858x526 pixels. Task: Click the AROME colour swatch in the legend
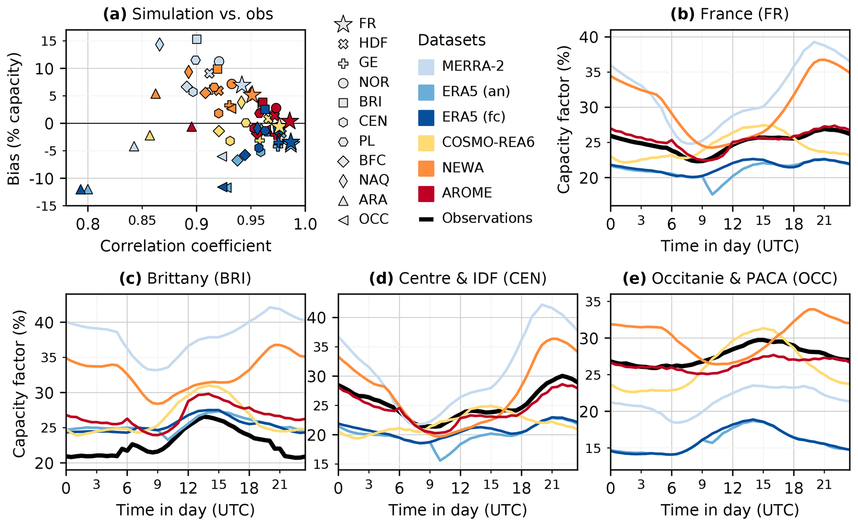coord(426,193)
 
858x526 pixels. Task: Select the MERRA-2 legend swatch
coord(426,66)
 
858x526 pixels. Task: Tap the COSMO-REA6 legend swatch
coord(426,143)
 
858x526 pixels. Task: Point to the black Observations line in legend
coord(426,219)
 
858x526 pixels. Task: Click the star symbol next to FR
coord(343,23)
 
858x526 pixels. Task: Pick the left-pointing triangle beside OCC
coord(343,219)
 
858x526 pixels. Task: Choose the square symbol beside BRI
coord(343,102)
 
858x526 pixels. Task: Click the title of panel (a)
coord(188,14)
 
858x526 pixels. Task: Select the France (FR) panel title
coord(729,14)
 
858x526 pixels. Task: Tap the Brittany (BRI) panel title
coord(185,278)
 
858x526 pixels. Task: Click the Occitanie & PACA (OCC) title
coord(729,278)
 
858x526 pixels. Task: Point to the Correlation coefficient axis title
coord(186,246)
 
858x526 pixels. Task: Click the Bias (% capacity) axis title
coord(14,119)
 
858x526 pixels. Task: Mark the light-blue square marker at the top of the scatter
coord(197,39)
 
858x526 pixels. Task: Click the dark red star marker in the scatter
coord(290,120)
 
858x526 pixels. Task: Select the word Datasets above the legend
coord(452,40)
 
